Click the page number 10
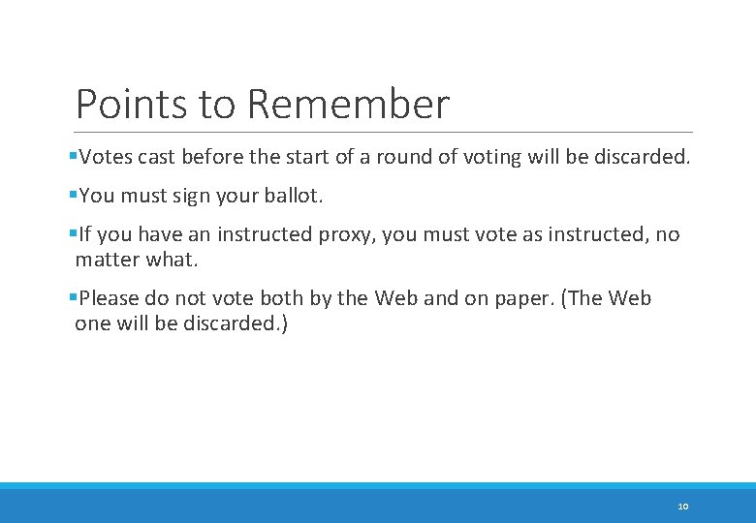682,506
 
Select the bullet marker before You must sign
74,196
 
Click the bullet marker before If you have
74,234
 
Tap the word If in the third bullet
84,234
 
